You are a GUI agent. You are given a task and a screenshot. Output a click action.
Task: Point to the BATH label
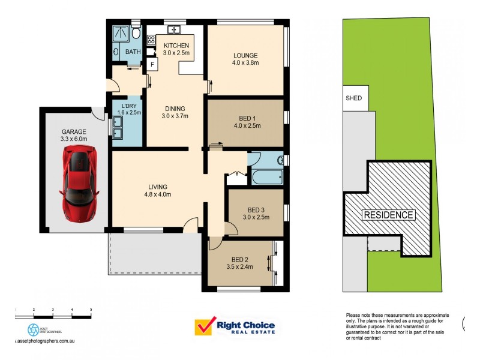tap(133, 52)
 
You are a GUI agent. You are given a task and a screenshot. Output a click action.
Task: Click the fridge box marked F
tap(152, 64)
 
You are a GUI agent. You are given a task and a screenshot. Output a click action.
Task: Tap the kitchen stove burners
tap(152, 41)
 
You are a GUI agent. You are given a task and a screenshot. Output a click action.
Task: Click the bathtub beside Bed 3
tap(268, 178)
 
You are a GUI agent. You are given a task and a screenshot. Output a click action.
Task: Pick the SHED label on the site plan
tap(353, 98)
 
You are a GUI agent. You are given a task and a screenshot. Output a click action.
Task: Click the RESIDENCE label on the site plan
tap(388, 215)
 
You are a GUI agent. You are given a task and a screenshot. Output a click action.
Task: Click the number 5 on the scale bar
tap(91, 309)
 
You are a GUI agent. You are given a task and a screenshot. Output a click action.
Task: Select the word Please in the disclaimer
tap(355, 316)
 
